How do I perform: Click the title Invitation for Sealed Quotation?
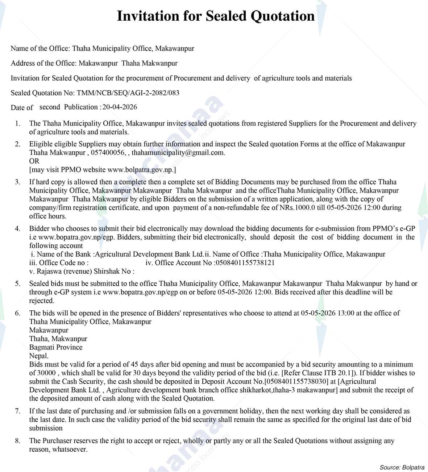coord(216,16)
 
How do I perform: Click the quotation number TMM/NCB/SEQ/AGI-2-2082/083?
coord(128,93)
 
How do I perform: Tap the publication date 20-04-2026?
coord(120,107)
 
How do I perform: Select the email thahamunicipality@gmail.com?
coord(178,153)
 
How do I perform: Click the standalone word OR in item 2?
coord(34,161)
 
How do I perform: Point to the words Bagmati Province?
coord(56,347)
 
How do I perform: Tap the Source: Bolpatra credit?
coord(402,467)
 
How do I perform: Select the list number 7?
coord(17,411)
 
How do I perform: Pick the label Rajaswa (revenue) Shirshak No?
coord(82,271)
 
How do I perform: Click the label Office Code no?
coord(58,263)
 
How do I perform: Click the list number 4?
coord(17,229)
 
